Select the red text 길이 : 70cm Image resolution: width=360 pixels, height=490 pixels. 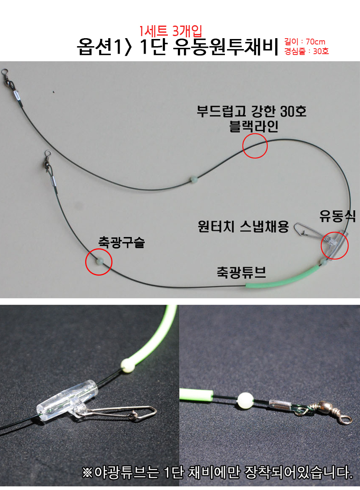coord(305,42)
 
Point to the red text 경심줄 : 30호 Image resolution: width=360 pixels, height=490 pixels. coord(307,51)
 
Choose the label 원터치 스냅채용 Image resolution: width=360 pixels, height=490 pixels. coord(243,227)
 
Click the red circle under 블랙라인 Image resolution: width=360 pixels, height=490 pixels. coord(255,146)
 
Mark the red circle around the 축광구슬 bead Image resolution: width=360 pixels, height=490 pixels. coord(99,262)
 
